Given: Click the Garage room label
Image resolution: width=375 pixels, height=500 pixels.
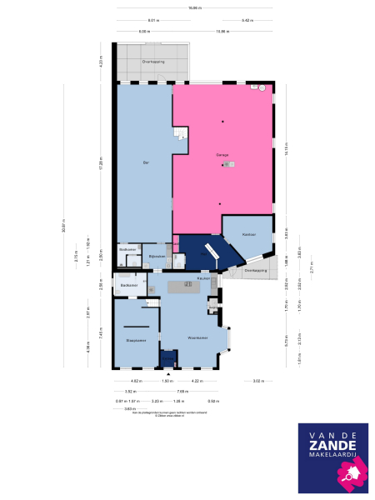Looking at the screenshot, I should pos(222,155).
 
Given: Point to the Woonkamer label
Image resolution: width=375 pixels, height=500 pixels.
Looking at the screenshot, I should pos(197,337).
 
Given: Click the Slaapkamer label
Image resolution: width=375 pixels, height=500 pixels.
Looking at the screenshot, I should pos(136,340).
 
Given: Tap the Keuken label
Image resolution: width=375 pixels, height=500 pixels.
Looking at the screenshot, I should pos(202,277).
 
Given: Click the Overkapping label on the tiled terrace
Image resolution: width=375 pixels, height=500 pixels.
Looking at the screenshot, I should pos(152,62).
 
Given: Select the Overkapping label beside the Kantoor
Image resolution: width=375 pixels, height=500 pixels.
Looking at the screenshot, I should pos(254,270).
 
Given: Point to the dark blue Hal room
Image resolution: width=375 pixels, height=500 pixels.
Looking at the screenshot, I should pos(197,251).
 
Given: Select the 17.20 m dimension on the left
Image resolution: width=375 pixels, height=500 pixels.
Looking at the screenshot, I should pos(99,167).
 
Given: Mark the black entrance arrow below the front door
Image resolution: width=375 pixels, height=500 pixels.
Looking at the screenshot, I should pos(168,372).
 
